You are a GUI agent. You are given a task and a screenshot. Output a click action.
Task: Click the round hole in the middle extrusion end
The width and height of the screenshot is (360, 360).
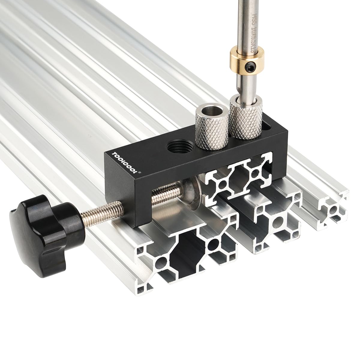click(278, 223)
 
